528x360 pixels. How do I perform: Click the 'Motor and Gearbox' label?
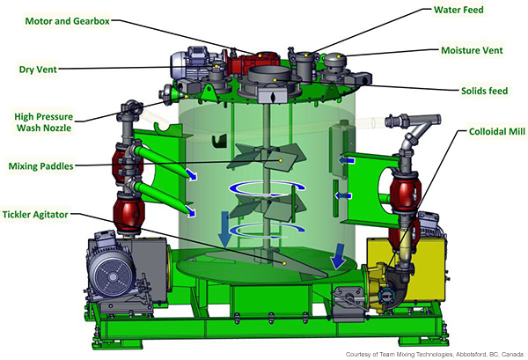point(68,21)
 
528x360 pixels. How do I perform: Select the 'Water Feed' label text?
point(458,10)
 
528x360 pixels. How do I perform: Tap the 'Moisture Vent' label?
point(472,50)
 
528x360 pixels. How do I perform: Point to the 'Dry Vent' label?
point(38,70)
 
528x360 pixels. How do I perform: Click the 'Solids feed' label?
point(484,91)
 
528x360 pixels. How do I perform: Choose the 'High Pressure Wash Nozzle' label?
point(43,122)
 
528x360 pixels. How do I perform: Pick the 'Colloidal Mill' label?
point(497,131)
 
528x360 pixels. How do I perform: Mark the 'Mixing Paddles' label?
point(40,166)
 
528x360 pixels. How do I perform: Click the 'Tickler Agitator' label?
point(35,215)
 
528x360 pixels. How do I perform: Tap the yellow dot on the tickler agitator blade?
point(284,263)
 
